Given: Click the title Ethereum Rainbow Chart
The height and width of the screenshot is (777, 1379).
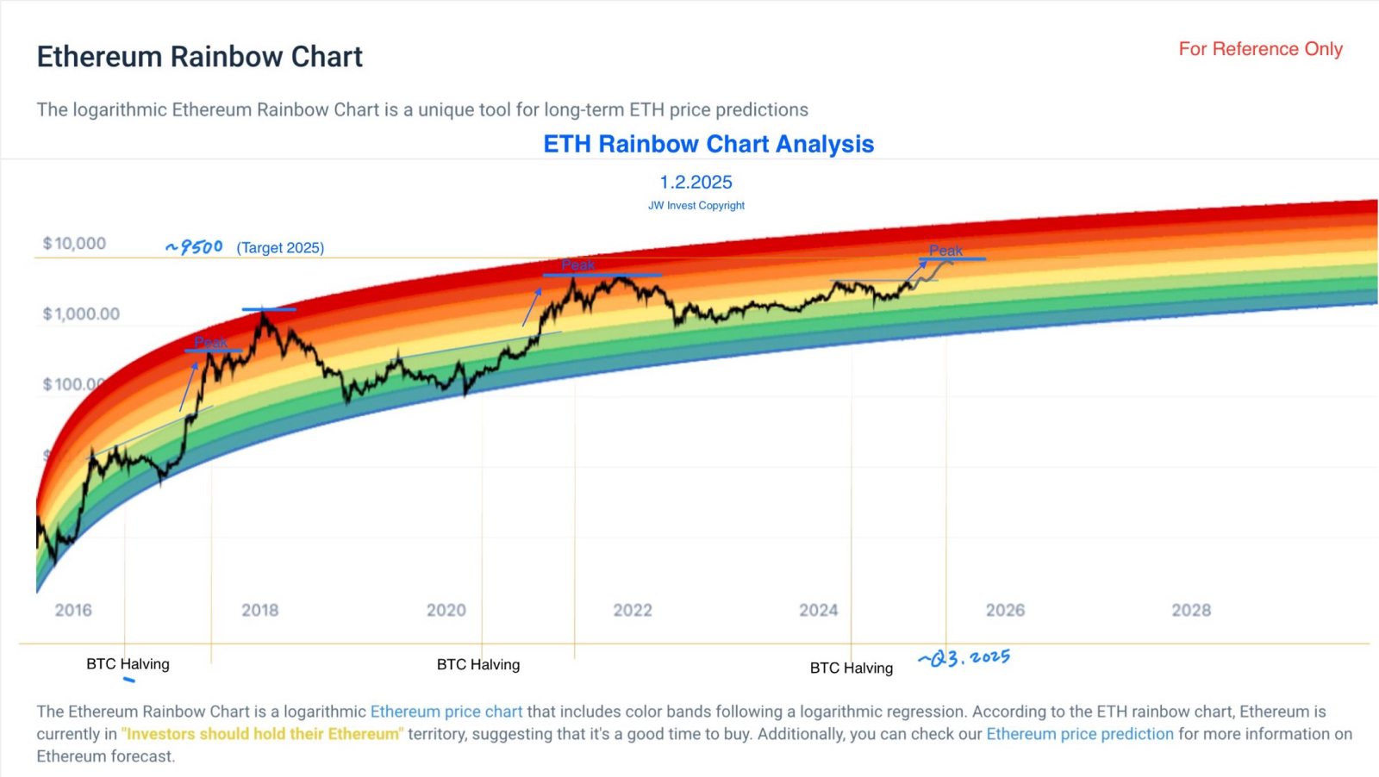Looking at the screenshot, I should point(199,57).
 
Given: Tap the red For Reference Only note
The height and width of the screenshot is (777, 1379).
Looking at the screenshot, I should point(1260,49).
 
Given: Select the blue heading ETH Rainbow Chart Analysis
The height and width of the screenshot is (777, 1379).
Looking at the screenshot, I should point(708,144).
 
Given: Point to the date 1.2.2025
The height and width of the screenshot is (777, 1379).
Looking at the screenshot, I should point(696,183).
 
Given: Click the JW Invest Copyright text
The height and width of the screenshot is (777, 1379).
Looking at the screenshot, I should point(696,206).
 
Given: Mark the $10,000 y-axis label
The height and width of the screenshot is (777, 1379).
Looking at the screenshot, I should point(74,244).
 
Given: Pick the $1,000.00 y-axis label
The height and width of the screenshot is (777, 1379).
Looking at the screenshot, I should point(81,314).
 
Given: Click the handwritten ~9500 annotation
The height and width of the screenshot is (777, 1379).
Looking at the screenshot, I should point(195,247).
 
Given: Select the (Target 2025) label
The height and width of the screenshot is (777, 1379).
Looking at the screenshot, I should point(280,248).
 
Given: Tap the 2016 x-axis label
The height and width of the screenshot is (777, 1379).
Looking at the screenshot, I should point(73,610).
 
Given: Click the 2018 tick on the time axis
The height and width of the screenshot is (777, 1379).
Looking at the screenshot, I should point(259,610).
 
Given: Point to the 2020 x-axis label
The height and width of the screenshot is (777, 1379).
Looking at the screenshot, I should point(446,610).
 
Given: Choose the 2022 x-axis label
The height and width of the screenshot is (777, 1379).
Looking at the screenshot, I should point(633,610).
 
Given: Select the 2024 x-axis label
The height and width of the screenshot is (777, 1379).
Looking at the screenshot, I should point(818,610).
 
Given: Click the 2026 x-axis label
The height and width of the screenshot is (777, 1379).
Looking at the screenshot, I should point(1005,610).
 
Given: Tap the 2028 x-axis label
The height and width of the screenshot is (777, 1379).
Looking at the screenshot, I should point(1191,610).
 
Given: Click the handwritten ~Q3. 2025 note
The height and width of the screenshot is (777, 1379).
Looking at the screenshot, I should point(964,659).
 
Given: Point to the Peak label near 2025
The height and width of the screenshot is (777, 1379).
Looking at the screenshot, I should point(945,251).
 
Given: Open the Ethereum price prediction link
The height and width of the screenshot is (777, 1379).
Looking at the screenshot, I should point(1080,734).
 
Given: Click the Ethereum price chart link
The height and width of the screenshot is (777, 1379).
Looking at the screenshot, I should point(446,712).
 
